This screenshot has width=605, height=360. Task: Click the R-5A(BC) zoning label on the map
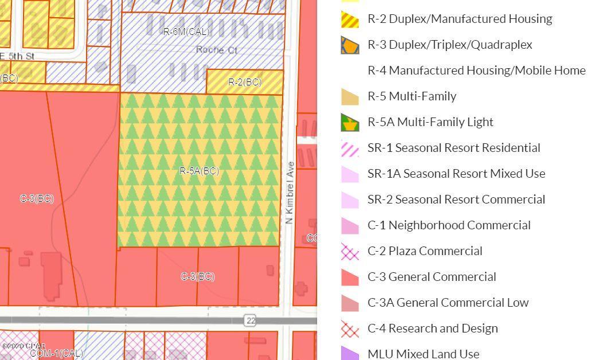pyautogui.click(x=199, y=171)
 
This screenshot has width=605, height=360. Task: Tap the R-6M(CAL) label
pyautogui.click(x=186, y=32)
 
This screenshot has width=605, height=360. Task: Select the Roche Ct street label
pyautogui.click(x=216, y=50)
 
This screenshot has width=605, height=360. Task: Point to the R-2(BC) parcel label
pyautogui.click(x=245, y=82)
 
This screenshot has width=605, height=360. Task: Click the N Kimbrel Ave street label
pyautogui.click(x=290, y=193)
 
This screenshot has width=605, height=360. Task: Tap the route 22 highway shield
pyautogui.click(x=250, y=320)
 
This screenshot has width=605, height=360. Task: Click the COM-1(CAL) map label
pyautogui.click(x=56, y=353)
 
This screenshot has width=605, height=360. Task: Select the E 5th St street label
pyautogui.click(x=17, y=56)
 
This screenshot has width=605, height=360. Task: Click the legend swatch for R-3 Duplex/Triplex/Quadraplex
pyautogui.click(x=350, y=45)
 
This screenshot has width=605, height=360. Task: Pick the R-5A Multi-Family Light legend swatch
pyautogui.click(x=350, y=122)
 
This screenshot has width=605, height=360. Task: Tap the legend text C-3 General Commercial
pyautogui.click(x=431, y=277)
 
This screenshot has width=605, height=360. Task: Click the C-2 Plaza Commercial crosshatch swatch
pyautogui.click(x=350, y=251)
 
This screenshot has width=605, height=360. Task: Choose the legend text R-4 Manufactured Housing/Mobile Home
pyautogui.click(x=476, y=71)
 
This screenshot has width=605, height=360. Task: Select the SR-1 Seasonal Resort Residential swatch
pyautogui.click(x=350, y=148)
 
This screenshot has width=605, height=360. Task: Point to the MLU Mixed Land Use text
pyautogui.click(x=423, y=354)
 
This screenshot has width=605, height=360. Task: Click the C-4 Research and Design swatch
pyautogui.click(x=350, y=328)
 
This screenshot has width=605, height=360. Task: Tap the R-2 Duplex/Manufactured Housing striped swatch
pyautogui.click(x=350, y=19)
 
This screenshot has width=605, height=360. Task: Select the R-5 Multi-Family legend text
pyautogui.click(x=412, y=96)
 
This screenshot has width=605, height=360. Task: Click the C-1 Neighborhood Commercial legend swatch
pyautogui.click(x=350, y=225)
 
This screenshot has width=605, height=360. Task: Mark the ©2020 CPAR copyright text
pyautogui.click(x=23, y=346)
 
